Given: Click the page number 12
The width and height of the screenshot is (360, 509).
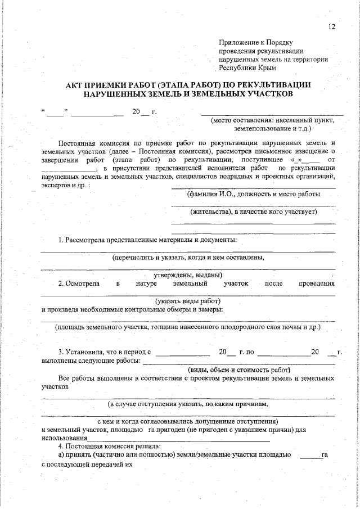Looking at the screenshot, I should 331,27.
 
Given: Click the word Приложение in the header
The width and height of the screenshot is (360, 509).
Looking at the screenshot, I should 237,42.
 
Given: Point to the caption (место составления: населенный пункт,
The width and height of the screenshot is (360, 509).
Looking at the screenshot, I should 272,120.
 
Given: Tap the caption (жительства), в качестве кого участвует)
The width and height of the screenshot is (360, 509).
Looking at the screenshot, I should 254,212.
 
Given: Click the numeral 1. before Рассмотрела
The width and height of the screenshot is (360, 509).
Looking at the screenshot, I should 61,240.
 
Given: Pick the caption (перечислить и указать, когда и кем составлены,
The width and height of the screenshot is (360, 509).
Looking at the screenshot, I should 188,258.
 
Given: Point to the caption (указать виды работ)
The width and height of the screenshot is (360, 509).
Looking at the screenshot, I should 188,301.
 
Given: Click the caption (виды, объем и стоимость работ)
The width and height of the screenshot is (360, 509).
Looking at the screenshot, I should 238,370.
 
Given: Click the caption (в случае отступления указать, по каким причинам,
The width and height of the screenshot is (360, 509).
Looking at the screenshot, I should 188,404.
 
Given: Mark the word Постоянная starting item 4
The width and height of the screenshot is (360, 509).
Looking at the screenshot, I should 85,446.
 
